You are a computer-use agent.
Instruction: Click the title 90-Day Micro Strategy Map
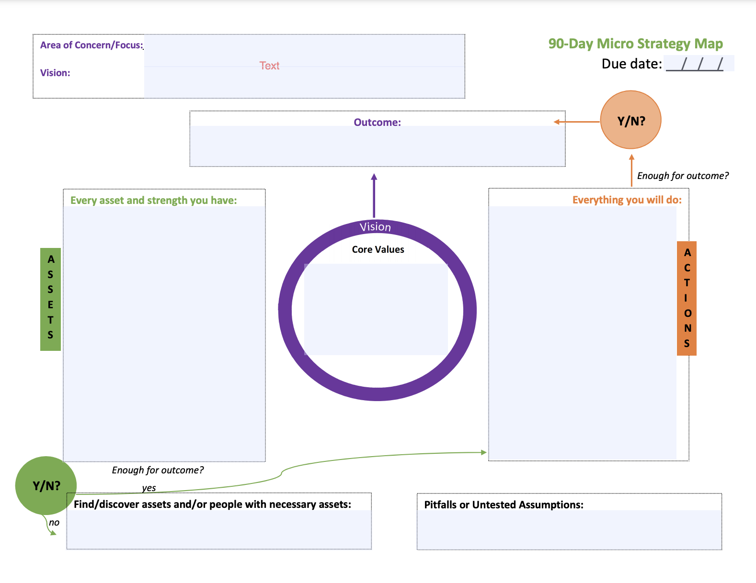[x=635, y=44]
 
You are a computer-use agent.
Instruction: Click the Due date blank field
[x=699, y=64]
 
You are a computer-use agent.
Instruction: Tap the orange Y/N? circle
[x=630, y=120]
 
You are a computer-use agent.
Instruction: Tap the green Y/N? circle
[x=46, y=485]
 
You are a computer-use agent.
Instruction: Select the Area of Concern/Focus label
[x=91, y=45]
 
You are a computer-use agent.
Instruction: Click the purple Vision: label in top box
[x=55, y=73]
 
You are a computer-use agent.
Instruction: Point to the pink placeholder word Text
[x=269, y=66]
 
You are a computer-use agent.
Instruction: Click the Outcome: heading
[x=377, y=123]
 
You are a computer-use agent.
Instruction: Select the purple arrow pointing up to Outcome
[x=374, y=195]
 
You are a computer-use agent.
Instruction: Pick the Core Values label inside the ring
[x=378, y=249]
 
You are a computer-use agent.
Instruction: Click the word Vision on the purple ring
[x=375, y=227]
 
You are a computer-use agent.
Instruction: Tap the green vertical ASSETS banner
[x=50, y=299]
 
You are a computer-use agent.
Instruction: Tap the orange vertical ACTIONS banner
[x=687, y=298]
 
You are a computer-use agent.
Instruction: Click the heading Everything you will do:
[x=627, y=200]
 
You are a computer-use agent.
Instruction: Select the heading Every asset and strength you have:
[x=153, y=201]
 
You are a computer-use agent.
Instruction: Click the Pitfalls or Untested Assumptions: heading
[x=504, y=505]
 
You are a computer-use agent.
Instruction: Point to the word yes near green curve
[x=149, y=488]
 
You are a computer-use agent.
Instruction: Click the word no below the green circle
[x=54, y=523]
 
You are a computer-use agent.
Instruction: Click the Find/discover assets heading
[x=212, y=505]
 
